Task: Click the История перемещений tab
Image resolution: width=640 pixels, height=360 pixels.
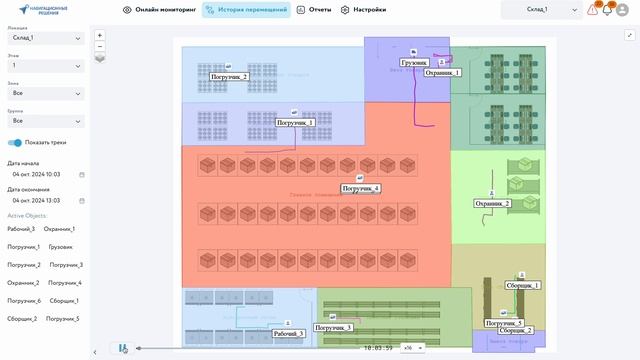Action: [x=246, y=10]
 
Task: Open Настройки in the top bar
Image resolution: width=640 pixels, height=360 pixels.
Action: [x=365, y=10]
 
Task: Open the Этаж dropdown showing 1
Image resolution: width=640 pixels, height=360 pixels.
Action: [x=46, y=65]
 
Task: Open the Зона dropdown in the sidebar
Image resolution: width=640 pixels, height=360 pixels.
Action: [x=46, y=93]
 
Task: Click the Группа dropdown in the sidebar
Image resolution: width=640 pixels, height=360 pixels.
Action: [x=46, y=121]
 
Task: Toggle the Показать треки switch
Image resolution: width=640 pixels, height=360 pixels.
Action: [x=15, y=143]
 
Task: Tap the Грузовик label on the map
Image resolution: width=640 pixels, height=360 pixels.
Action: [x=414, y=62]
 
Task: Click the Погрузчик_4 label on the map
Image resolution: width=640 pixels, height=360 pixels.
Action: [x=360, y=188]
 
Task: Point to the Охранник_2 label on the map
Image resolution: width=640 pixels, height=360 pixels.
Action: [x=492, y=204]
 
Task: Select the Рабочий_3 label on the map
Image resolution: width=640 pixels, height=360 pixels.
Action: [x=288, y=334]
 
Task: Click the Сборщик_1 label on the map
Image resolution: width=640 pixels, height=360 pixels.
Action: [x=523, y=286]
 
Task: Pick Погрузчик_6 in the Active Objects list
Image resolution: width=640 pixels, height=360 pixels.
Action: [x=24, y=301]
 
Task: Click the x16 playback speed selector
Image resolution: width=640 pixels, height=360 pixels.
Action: [x=409, y=347]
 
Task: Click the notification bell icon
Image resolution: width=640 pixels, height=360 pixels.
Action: [x=607, y=10]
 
